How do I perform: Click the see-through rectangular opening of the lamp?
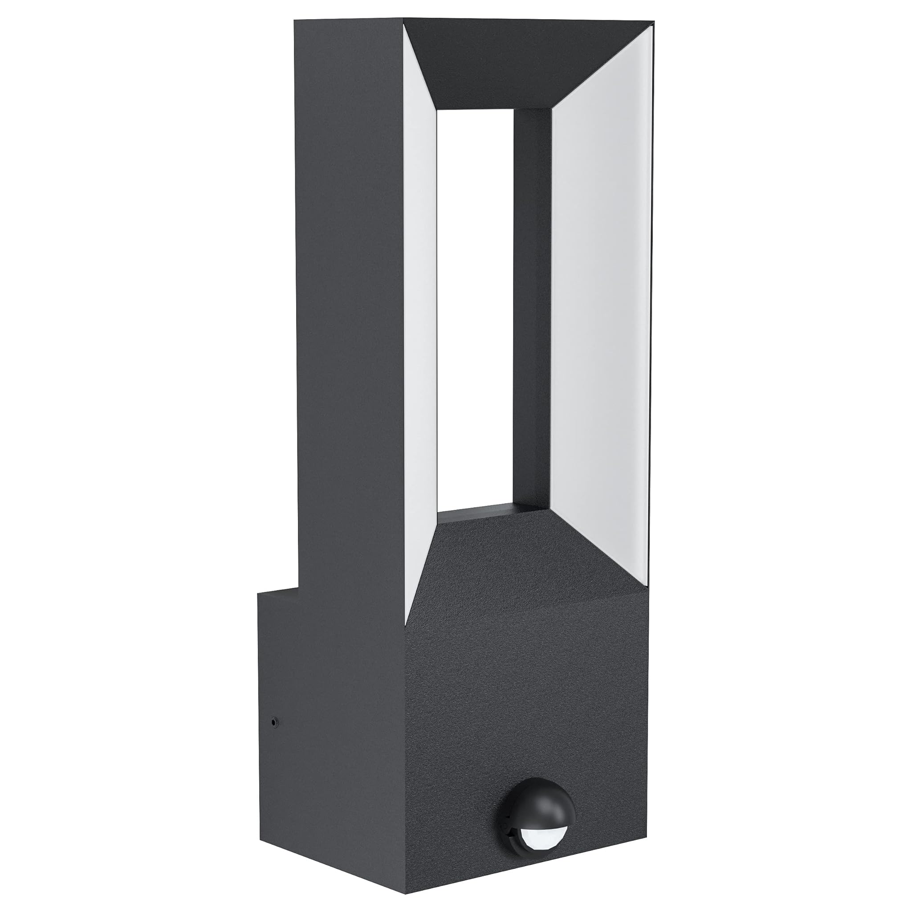[474, 307]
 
